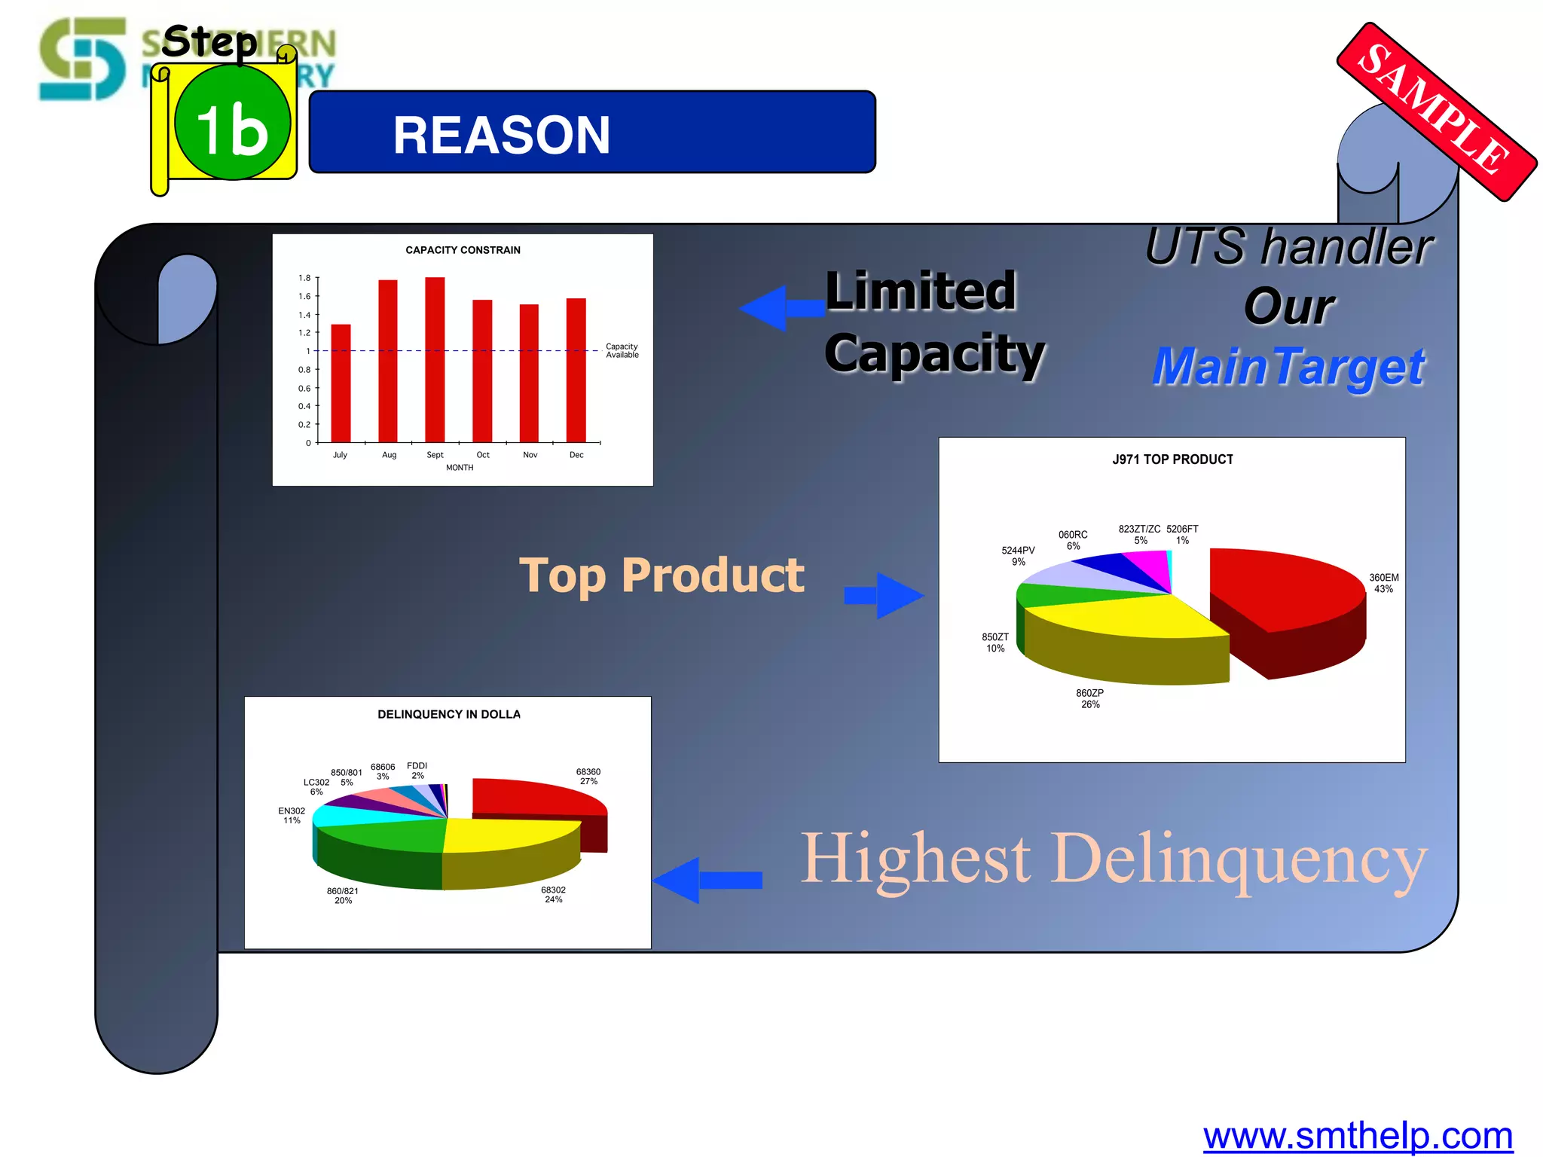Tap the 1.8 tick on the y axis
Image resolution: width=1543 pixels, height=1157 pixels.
(304, 278)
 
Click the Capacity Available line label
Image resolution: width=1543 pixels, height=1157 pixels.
(622, 351)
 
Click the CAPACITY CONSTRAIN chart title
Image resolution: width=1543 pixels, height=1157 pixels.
(463, 250)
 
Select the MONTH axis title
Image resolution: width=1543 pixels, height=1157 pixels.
(460, 468)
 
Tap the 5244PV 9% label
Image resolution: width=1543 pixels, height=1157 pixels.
(1018, 556)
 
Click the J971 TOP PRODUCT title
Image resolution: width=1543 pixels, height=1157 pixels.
(1172, 459)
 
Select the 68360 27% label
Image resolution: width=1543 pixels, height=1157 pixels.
(588, 777)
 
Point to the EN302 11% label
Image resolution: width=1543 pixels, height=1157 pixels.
(292, 816)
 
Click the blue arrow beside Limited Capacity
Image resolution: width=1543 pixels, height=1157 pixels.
(780, 308)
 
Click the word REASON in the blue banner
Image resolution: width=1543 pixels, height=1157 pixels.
(501, 136)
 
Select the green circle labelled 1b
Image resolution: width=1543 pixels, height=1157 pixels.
(233, 122)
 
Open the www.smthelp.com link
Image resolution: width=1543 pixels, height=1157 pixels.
(1358, 1135)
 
